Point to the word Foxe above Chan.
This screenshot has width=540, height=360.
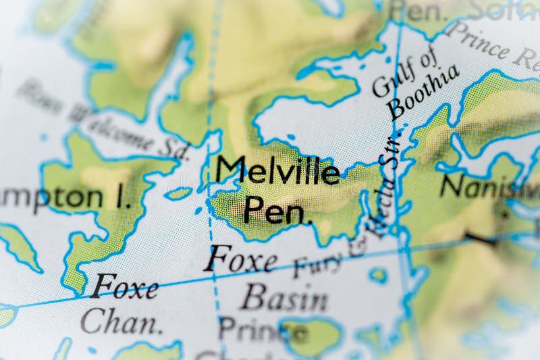click(125, 286)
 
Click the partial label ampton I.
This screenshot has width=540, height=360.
click(64, 197)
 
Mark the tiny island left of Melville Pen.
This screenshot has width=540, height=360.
click(178, 194)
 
